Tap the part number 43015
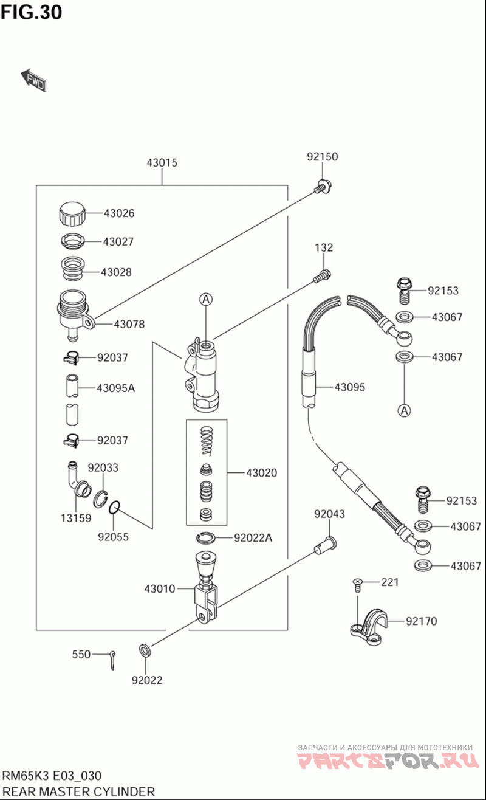[162, 163]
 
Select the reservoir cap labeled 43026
[71, 214]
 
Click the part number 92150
[322, 157]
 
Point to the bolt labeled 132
[322, 276]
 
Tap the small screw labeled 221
[357, 585]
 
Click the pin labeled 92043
[324, 545]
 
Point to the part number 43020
[261, 472]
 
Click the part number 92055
[114, 537]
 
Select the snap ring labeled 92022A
[207, 537]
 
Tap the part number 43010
[160, 588]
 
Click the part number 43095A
[115, 388]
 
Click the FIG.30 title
[31, 12]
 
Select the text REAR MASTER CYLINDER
[78, 791]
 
